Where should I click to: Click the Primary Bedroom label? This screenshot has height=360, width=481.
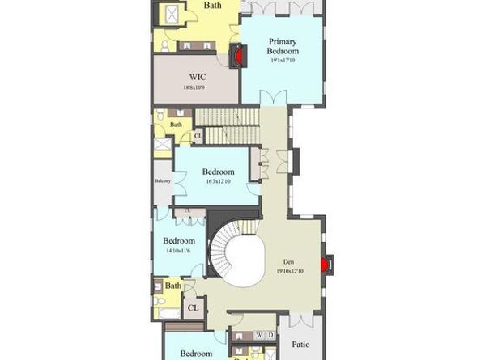283,48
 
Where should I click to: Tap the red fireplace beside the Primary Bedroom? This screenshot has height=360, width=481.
236,57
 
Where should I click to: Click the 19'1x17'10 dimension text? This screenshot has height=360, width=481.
283,60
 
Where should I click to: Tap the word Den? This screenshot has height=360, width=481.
288,261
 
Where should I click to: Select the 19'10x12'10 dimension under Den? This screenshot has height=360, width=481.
288,271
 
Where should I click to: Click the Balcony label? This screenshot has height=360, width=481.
163,180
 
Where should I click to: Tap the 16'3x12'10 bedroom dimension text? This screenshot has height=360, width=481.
219,182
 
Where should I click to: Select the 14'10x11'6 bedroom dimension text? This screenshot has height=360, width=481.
179,251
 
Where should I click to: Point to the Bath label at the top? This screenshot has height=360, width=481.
212,6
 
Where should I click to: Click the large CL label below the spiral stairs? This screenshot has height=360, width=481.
193,307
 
